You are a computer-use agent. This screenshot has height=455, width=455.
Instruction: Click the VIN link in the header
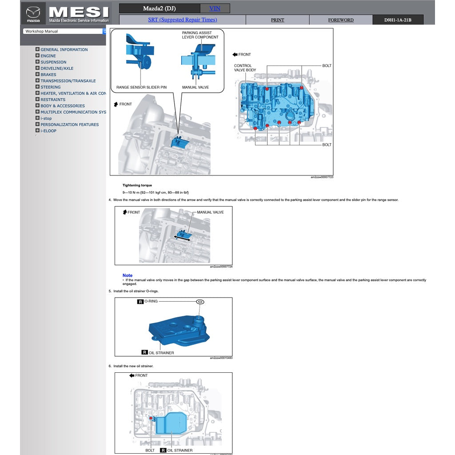[x=215, y=8]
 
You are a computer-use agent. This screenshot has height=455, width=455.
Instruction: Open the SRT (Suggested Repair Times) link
[x=182, y=20]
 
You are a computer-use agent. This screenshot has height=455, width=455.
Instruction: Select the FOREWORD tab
[x=341, y=20]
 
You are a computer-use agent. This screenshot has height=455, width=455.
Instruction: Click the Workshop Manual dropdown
[x=65, y=32]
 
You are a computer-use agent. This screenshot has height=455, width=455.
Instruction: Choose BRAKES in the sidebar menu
[x=48, y=75]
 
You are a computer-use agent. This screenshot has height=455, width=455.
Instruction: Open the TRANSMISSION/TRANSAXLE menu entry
[x=68, y=81]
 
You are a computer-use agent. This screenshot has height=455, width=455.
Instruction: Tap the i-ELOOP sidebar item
[x=48, y=131]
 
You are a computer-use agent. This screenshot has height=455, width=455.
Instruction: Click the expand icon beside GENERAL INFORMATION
[x=38, y=49]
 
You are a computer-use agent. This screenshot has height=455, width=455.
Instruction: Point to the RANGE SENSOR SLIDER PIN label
[x=141, y=87]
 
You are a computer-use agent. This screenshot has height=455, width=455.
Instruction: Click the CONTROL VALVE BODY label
[x=245, y=68]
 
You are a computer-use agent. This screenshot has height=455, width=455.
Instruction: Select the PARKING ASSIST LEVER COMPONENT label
[x=200, y=35]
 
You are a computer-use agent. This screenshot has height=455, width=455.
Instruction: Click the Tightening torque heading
[x=137, y=185]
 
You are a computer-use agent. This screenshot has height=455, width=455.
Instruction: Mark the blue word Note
[x=128, y=275]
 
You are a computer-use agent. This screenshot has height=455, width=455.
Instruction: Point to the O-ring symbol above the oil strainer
[x=200, y=302]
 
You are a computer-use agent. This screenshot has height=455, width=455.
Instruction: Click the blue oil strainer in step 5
[x=178, y=329]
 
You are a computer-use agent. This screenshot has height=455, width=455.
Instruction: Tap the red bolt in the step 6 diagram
[x=151, y=418]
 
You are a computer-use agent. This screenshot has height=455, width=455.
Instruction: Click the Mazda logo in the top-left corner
[x=33, y=13]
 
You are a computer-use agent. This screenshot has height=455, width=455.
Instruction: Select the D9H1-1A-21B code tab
[x=398, y=20]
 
